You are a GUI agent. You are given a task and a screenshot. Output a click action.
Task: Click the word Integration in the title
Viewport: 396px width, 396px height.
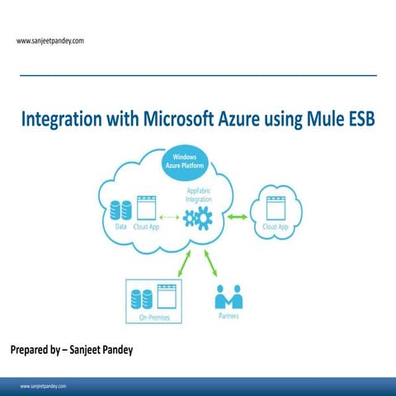pos(62,120)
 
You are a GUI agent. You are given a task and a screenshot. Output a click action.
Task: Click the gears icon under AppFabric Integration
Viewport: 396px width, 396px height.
pos(198,218)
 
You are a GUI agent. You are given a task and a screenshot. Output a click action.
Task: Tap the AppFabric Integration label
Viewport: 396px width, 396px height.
pos(198,196)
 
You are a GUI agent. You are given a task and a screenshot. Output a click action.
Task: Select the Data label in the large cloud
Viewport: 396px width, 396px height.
pos(120,227)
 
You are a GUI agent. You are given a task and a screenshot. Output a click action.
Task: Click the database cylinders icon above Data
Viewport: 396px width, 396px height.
pos(120,209)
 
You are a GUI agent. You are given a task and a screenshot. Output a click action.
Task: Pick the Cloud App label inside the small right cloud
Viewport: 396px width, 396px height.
pos(276,226)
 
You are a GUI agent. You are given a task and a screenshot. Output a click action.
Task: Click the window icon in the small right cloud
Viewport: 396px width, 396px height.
pos(276,208)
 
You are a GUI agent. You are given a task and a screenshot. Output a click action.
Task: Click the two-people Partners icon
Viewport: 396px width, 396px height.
pos(229,295)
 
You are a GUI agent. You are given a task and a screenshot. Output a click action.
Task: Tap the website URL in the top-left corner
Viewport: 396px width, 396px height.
pos(50,40)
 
